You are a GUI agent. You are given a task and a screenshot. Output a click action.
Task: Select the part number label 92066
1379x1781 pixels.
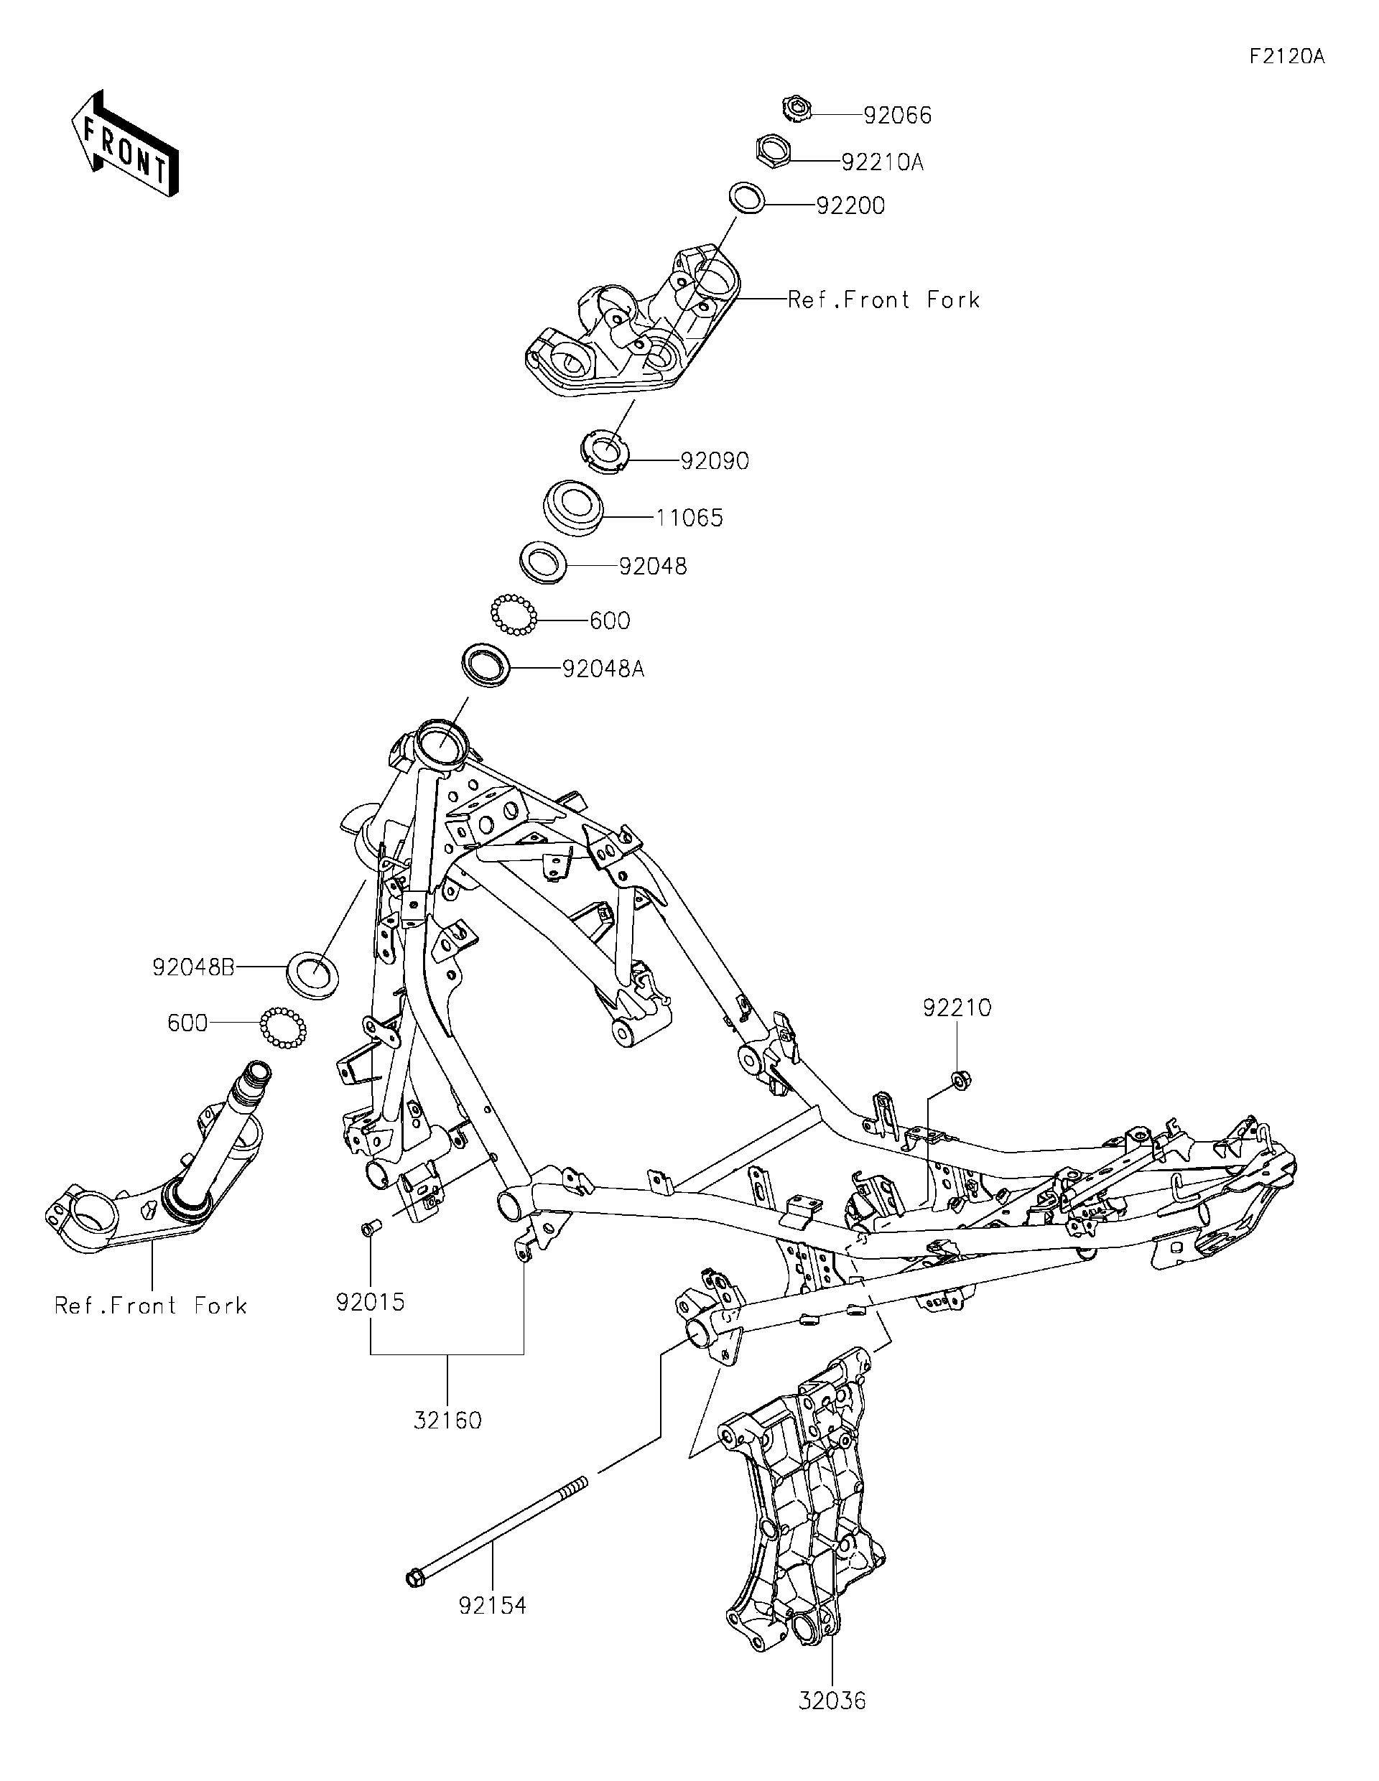click(x=897, y=116)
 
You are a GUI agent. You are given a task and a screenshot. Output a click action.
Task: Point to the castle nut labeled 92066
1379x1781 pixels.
click(x=795, y=108)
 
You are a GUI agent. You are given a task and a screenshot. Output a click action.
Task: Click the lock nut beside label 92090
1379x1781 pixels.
click(x=607, y=452)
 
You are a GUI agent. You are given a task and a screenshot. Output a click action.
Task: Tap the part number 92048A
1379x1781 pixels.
click(x=603, y=669)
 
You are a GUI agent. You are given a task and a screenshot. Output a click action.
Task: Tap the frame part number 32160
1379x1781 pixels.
click(x=447, y=1420)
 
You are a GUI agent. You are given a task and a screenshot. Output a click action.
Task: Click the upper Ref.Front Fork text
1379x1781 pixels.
click(x=883, y=300)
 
